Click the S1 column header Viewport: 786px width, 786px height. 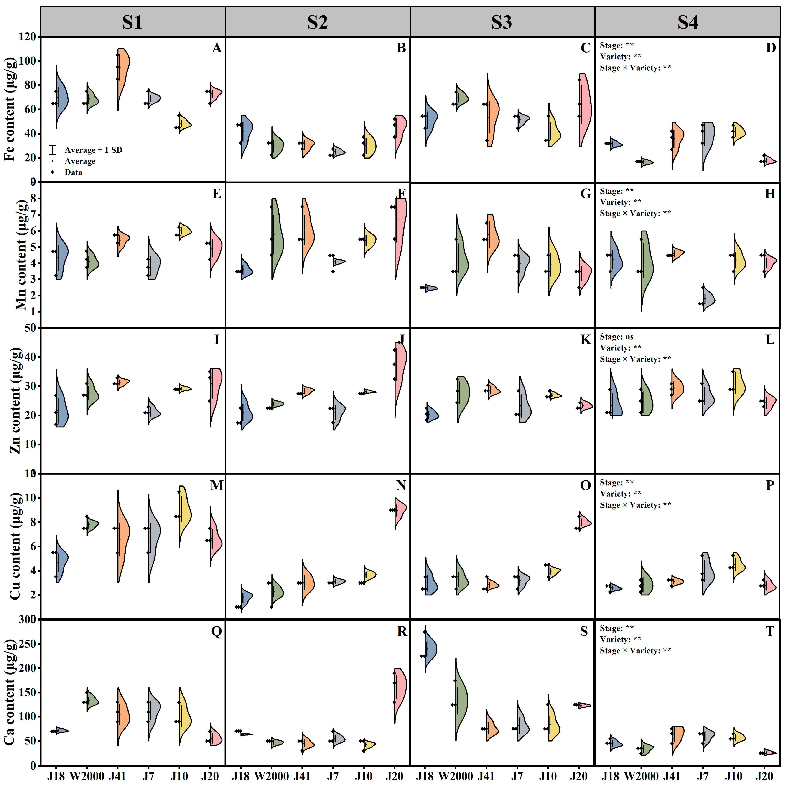[x=133, y=22]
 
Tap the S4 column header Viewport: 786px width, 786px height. [x=688, y=22]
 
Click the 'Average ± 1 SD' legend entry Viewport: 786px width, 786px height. [x=93, y=150]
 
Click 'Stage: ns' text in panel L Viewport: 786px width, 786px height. [x=616, y=337]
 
